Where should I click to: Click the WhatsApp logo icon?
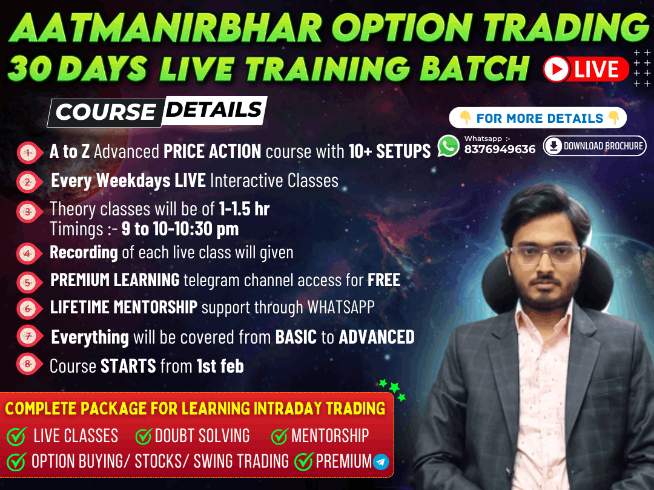[448, 146]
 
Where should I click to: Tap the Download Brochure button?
[595, 146]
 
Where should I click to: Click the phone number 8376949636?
[500, 149]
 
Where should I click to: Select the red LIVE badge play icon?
[557, 69]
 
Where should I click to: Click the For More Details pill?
[538, 118]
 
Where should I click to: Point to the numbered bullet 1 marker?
[29, 152]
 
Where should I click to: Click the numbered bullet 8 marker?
[29, 364]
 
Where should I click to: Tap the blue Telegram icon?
[381, 462]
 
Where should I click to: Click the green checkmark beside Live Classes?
[17, 436]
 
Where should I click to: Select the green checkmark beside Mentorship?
[279, 436]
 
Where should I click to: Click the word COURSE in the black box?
[105, 112]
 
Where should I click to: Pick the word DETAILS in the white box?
[214, 109]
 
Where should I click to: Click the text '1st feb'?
[220, 366]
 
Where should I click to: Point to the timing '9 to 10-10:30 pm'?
[180, 229]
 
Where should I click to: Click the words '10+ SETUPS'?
[389, 151]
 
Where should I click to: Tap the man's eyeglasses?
[545, 253]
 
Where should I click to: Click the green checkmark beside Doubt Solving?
[144, 436]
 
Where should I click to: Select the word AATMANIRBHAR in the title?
[165, 27]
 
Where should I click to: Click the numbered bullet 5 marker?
[29, 283]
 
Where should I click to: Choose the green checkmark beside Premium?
[303, 461]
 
